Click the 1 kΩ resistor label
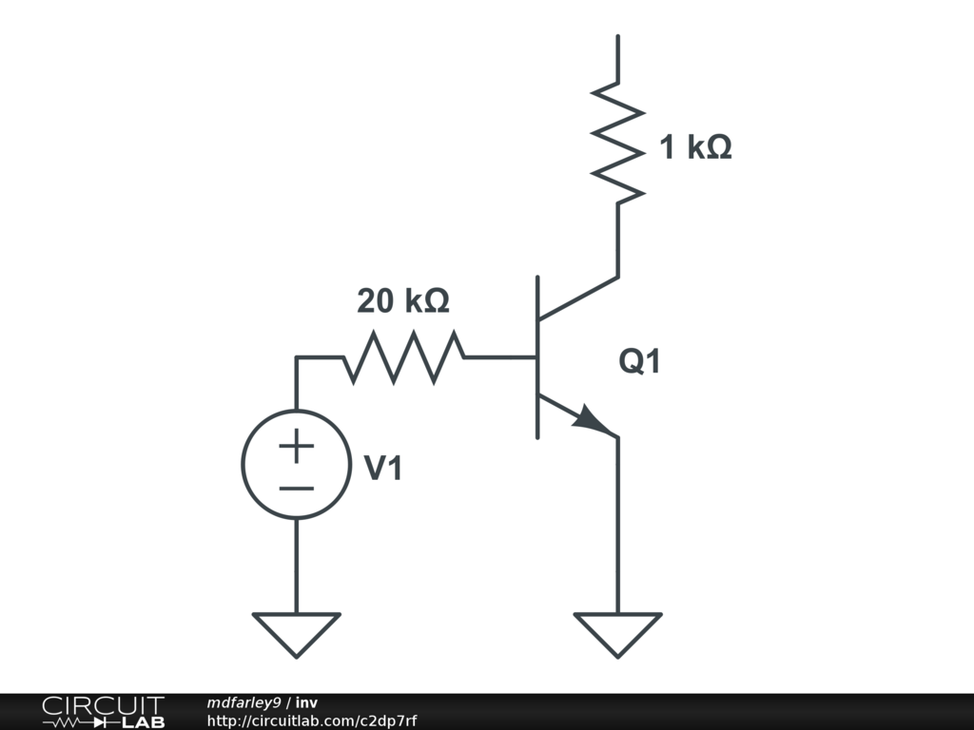(x=695, y=147)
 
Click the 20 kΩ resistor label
(x=402, y=301)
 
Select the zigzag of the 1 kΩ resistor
(x=618, y=143)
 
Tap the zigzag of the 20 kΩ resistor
(x=404, y=357)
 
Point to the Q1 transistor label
(x=639, y=362)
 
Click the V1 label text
(x=383, y=468)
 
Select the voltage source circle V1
(x=296, y=465)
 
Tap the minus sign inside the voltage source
(x=296, y=489)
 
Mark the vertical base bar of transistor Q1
(x=538, y=357)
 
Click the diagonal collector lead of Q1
(x=578, y=298)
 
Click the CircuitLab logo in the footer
(x=103, y=711)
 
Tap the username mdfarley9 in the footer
(x=243, y=702)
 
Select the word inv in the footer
(x=306, y=702)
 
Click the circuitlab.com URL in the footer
(x=311, y=720)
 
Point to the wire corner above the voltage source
(x=296, y=357)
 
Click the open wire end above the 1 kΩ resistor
(x=618, y=38)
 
